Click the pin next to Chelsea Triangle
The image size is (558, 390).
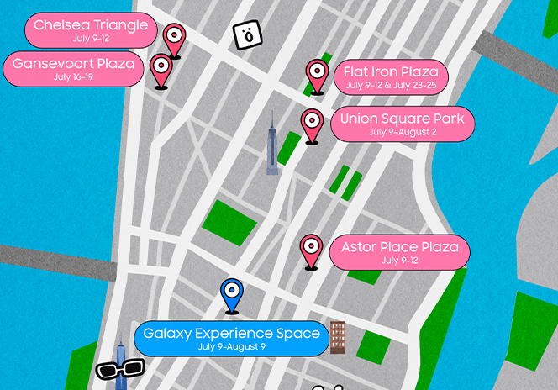pyautogui.click(x=174, y=38)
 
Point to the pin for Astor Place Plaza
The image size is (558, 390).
pyautogui.click(x=311, y=249)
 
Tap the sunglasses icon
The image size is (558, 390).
pyautogui.click(x=120, y=369)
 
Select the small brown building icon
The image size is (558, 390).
pyautogui.click(x=338, y=336)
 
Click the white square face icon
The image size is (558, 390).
pyautogui.click(x=247, y=34)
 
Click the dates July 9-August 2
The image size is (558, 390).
pyautogui.click(x=402, y=132)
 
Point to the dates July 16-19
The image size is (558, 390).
pyautogui.click(x=73, y=77)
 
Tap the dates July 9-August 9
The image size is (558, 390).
pyautogui.click(x=231, y=346)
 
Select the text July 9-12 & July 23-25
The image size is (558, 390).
pyautogui.click(x=391, y=85)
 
